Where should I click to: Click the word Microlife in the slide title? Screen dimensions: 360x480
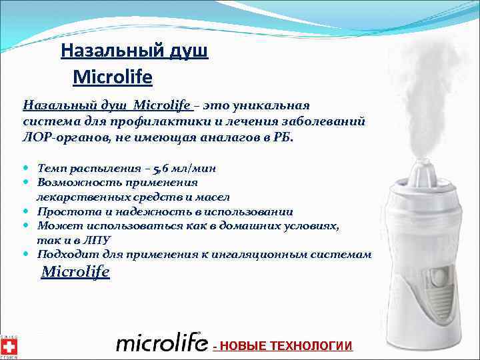(113, 78)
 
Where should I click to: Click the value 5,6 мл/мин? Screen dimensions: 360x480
(183, 168)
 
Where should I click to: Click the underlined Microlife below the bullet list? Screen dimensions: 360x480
(75, 272)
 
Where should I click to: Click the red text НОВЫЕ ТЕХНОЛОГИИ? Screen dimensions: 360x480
(285, 345)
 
